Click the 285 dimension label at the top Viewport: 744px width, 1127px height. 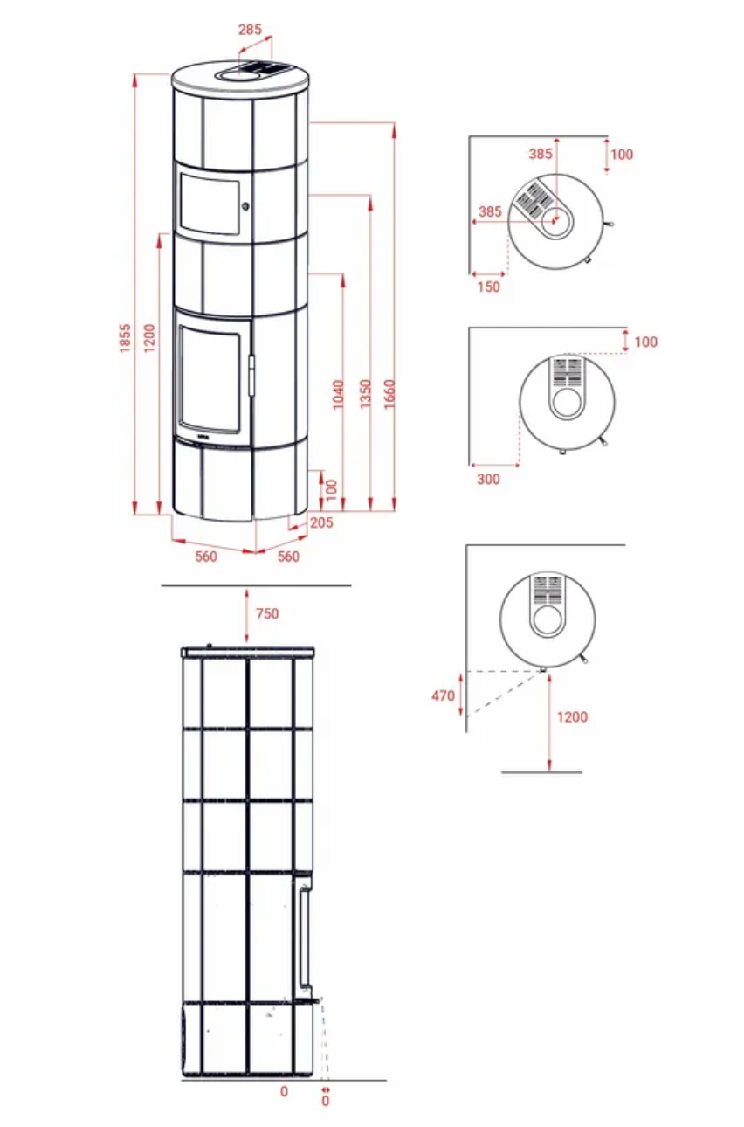(x=250, y=30)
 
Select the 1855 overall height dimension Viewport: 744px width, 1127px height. (x=125, y=337)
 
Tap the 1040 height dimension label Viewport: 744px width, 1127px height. (x=339, y=395)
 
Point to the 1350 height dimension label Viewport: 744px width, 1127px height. (x=366, y=394)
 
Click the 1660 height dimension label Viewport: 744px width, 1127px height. (x=389, y=394)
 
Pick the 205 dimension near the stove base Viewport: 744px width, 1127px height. (x=321, y=522)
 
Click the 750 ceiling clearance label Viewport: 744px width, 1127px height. (x=267, y=613)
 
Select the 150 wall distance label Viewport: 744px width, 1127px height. (x=488, y=287)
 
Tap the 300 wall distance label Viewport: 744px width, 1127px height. (x=488, y=479)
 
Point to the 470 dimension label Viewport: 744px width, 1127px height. (x=444, y=695)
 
